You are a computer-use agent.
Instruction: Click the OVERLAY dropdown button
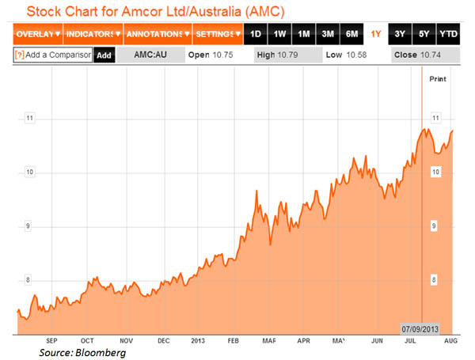point(36,35)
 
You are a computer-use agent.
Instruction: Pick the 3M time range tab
point(326,35)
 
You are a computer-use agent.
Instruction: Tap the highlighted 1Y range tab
point(375,35)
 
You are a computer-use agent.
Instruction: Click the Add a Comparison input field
point(56,55)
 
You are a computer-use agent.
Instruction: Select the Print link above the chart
point(438,79)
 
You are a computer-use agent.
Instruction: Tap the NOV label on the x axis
point(125,340)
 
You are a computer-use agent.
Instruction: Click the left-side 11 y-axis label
point(28,118)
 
